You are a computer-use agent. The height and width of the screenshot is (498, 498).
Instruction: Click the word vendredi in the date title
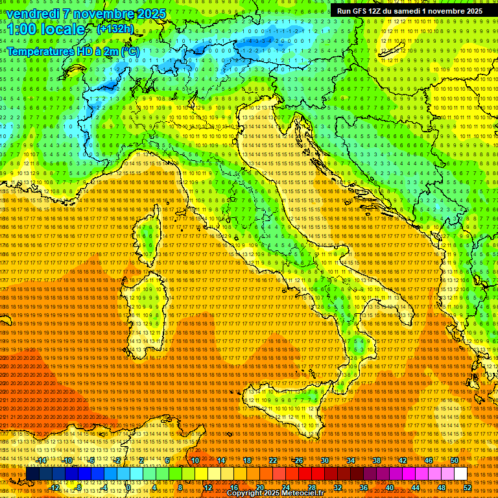[35, 14]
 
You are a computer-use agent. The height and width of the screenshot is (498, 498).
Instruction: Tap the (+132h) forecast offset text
[115, 29]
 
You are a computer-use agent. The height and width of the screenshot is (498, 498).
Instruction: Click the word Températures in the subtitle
[41, 50]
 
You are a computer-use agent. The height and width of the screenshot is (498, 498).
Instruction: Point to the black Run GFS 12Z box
[409, 11]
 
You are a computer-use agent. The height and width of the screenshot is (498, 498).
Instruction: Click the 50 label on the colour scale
[455, 460]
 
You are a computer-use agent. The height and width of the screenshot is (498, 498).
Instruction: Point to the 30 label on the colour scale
[324, 460]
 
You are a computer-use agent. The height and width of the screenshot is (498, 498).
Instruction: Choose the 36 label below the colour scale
[363, 488]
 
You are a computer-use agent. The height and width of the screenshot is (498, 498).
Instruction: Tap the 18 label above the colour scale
[247, 460]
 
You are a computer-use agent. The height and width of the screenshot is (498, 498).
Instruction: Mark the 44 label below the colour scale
[416, 488]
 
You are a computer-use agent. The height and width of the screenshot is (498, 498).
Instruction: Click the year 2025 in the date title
[150, 14]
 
